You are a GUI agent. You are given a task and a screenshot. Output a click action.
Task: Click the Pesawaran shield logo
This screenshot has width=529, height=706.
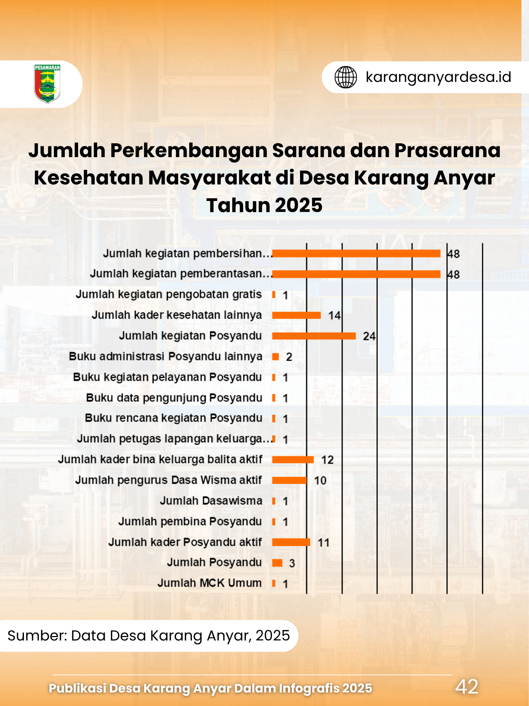click(x=47, y=84)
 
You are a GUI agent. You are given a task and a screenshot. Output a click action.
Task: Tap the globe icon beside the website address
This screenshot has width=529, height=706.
click(x=346, y=77)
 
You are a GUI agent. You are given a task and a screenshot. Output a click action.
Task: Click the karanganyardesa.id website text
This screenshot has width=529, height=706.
click(x=438, y=77)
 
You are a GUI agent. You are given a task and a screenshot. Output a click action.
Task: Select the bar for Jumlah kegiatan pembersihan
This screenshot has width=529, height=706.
click(x=356, y=254)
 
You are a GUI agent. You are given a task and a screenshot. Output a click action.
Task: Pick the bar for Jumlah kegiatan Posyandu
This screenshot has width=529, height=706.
click(x=314, y=336)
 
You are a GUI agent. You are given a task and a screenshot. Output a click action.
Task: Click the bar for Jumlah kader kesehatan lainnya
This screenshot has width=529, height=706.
click(x=296, y=315)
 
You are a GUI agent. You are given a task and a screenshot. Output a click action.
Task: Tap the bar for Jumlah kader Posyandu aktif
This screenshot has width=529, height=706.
click(x=291, y=542)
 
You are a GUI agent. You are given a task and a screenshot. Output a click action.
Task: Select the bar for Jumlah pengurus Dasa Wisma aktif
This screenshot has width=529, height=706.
click(x=289, y=480)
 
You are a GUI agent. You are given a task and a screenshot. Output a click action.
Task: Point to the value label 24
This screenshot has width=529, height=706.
click(x=369, y=336)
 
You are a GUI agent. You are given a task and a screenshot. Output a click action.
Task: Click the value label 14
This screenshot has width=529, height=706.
click(x=334, y=316)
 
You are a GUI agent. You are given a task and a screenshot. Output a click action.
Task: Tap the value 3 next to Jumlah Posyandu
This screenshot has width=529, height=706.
click(x=292, y=563)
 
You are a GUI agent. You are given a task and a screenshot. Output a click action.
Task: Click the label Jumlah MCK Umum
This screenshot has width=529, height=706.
click(x=210, y=583)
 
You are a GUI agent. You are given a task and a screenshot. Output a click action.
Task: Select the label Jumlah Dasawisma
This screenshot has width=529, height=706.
click(x=211, y=501)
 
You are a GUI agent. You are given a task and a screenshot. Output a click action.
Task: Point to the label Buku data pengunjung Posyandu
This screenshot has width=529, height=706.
click(x=174, y=398)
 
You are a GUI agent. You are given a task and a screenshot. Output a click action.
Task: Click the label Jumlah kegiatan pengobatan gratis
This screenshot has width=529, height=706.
click(x=169, y=294)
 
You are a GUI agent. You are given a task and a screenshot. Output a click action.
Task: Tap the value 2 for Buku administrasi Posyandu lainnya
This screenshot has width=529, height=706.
click(x=289, y=357)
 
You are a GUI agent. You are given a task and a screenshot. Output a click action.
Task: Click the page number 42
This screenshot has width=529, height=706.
click(x=467, y=687)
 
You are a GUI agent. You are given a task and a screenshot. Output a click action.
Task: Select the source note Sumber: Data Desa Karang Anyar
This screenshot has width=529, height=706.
click(x=149, y=636)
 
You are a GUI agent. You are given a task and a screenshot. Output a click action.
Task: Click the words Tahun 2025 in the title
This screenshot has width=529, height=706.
click(x=264, y=205)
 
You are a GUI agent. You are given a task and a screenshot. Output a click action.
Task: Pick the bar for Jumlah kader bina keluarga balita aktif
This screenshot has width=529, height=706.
click(x=293, y=460)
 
